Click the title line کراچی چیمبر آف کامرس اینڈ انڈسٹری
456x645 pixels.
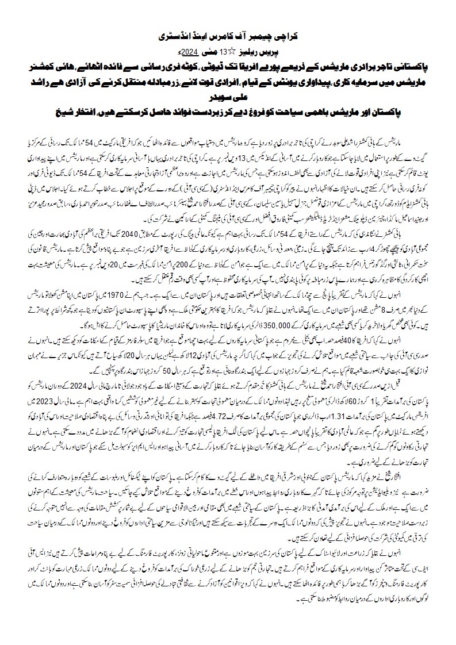(x=228, y=35)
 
